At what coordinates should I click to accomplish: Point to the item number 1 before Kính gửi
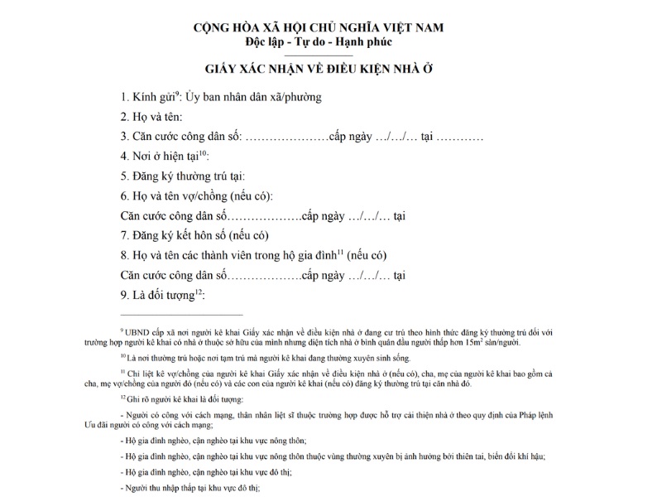point(124,98)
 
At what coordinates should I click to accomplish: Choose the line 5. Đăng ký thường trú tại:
point(183,176)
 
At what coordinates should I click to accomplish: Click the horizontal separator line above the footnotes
point(182,315)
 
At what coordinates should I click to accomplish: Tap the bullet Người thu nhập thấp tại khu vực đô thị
point(190,488)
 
